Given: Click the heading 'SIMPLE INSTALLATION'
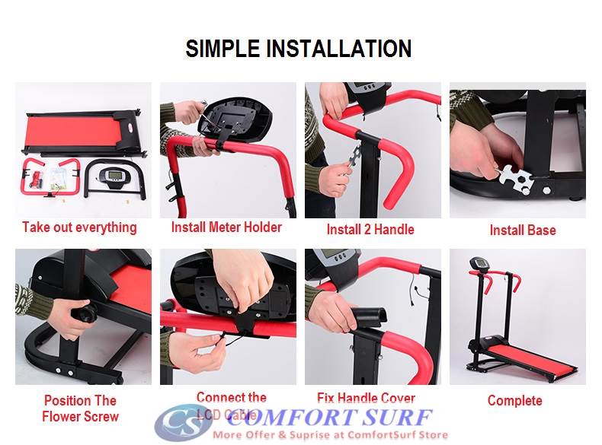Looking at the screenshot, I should [299, 49].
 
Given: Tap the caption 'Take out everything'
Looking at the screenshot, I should [79, 227].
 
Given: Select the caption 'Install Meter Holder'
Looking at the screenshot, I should [226, 227].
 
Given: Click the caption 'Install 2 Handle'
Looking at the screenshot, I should [370, 230].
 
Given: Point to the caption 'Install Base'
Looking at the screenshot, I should [522, 230].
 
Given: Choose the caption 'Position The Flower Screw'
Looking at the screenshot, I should [80, 408].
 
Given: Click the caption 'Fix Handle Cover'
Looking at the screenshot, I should [366, 399].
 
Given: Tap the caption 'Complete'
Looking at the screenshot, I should [514, 401].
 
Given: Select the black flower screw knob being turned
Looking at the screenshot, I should [84, 314].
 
